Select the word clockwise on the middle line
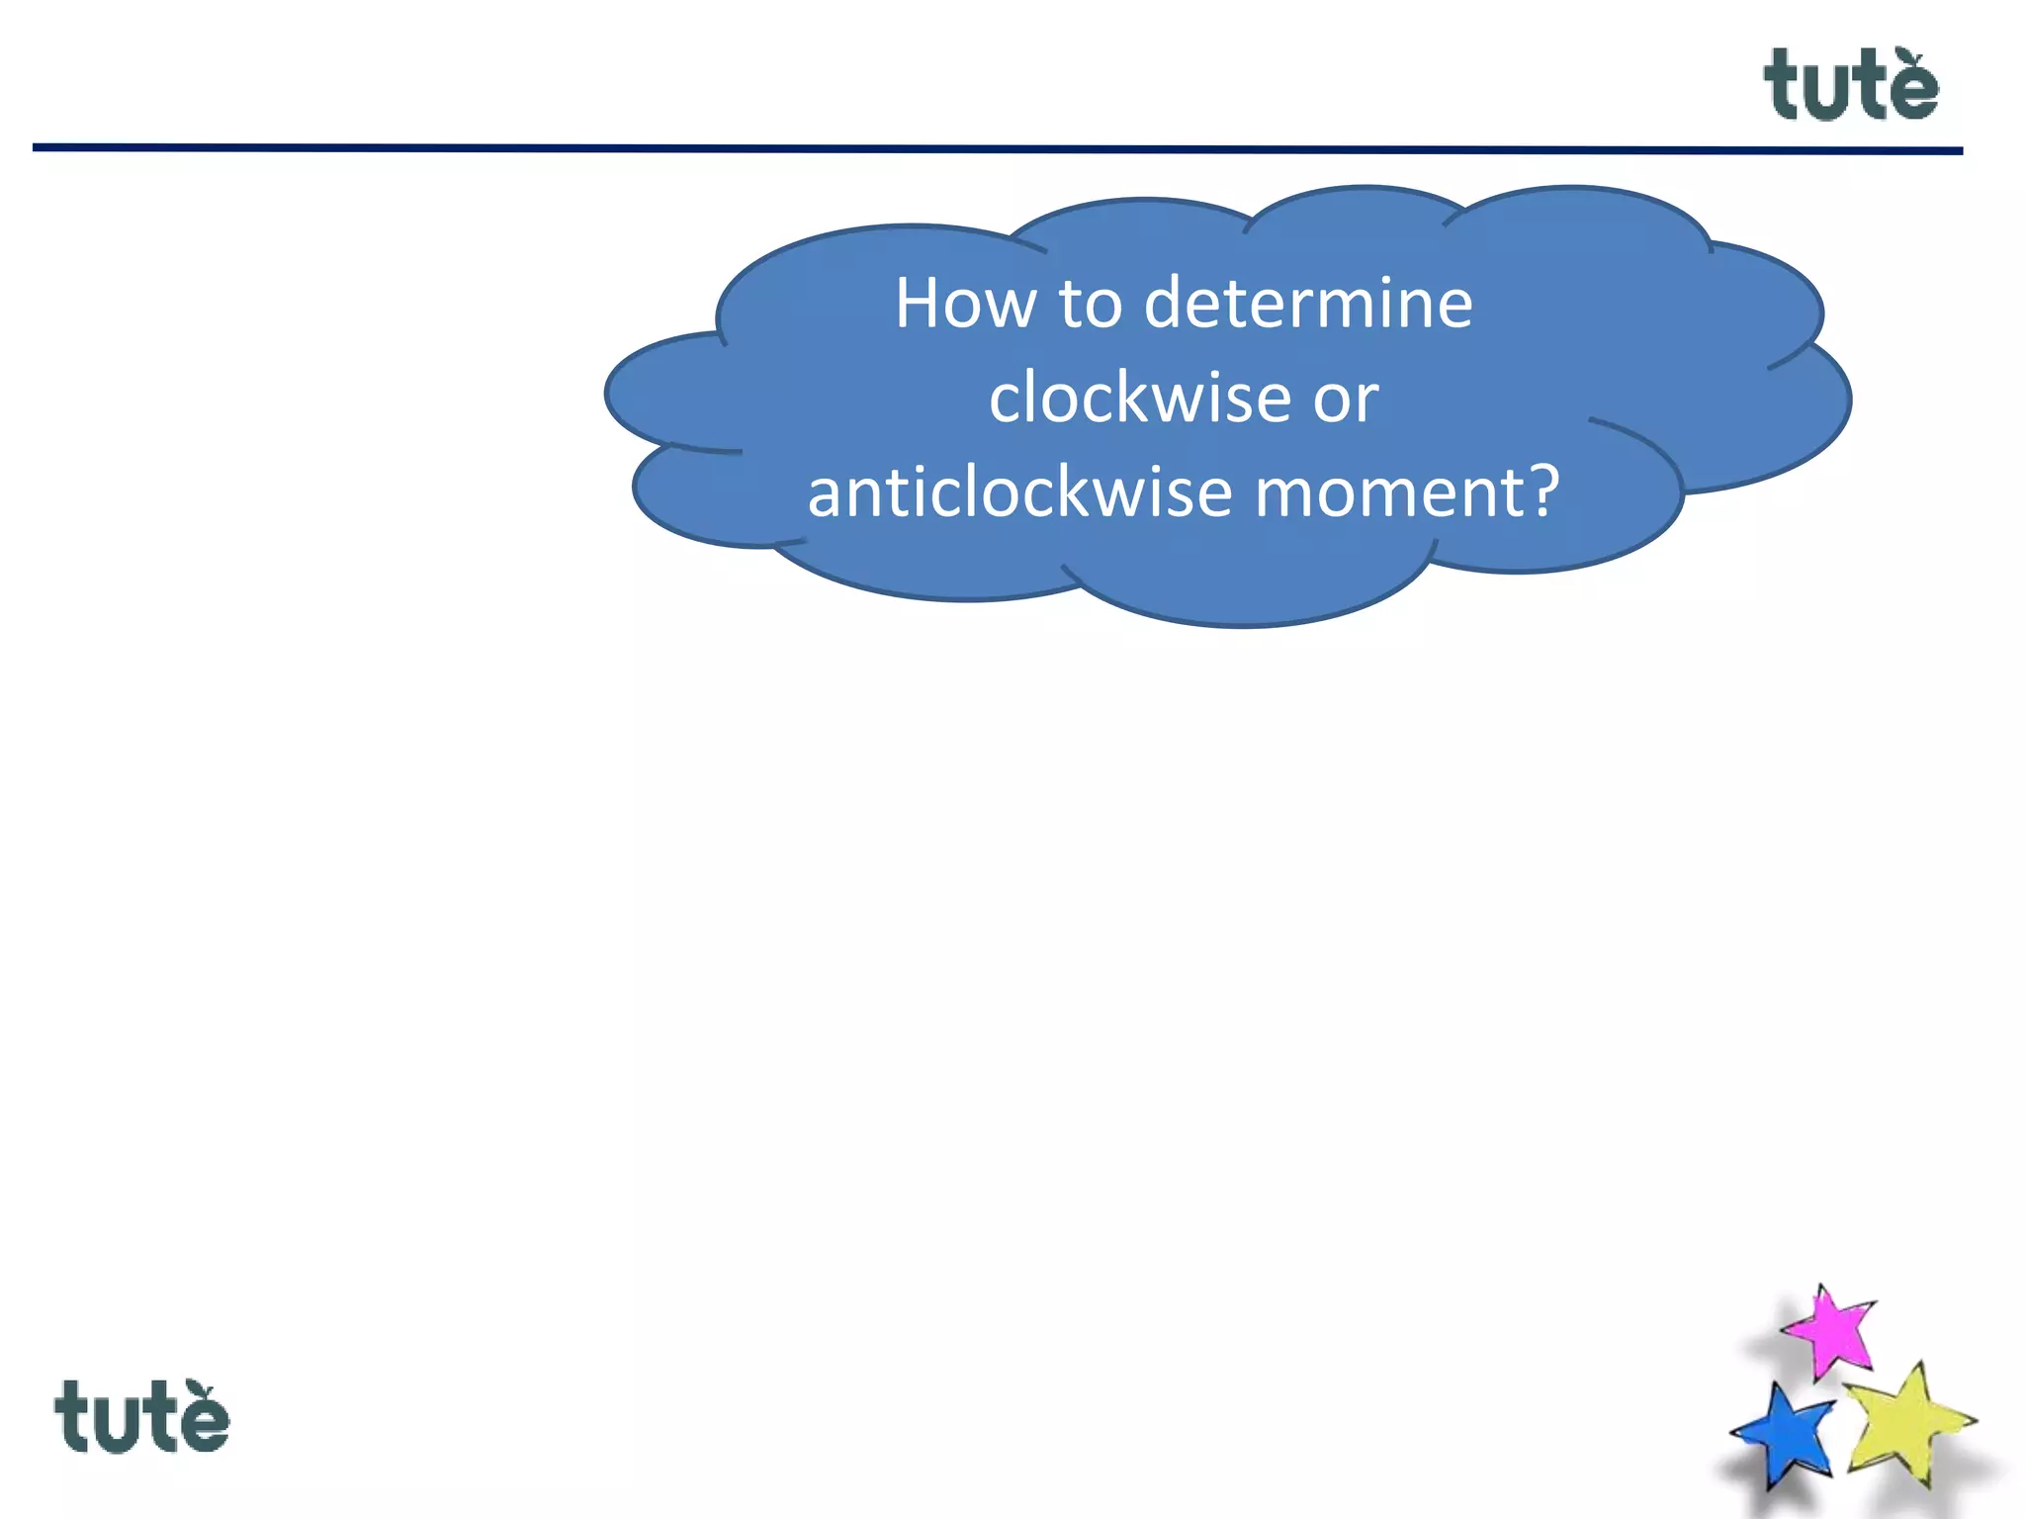(x=1140, y=398)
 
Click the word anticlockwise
(x=1019, y=492)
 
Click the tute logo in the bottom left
(x=141, y=1417)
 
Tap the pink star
(x=1832, y=1330)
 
